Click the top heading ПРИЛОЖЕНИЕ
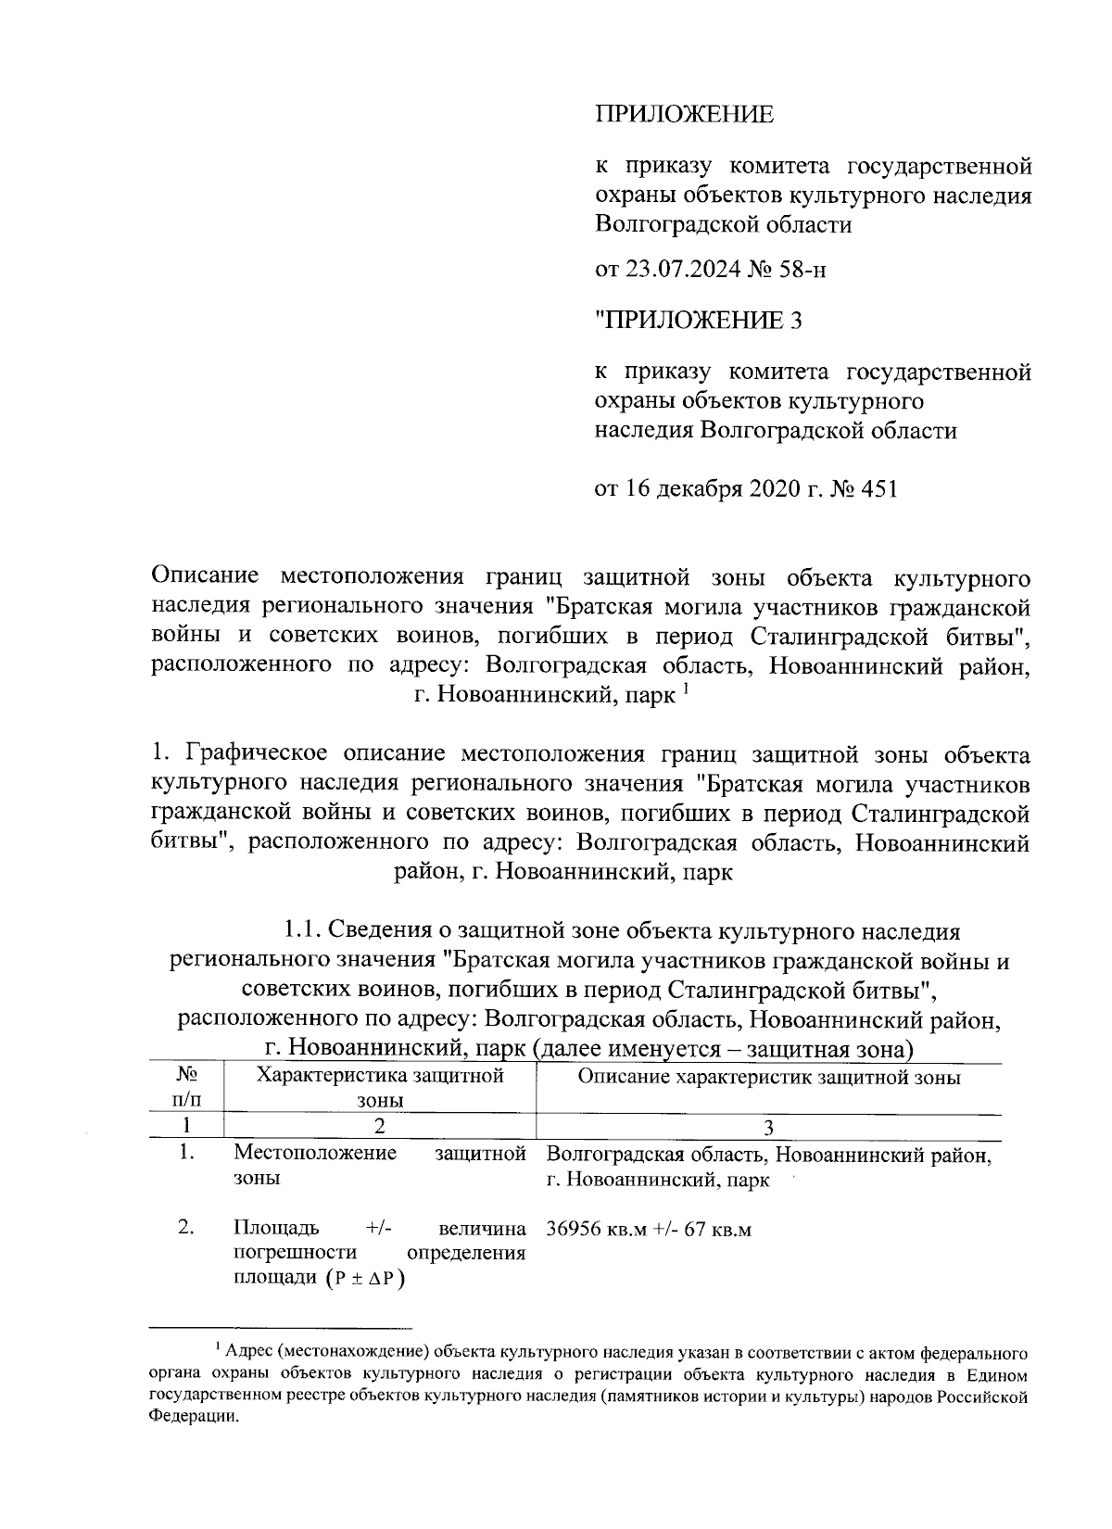coord(683,115)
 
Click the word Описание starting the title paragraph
coord(205,578)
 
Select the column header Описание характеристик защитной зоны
coord(768,1077)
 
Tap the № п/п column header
coord(186,1088)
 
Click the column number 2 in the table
coord(380,1127)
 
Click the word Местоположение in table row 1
coord(315,1154)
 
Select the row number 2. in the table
coord(186,1229)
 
